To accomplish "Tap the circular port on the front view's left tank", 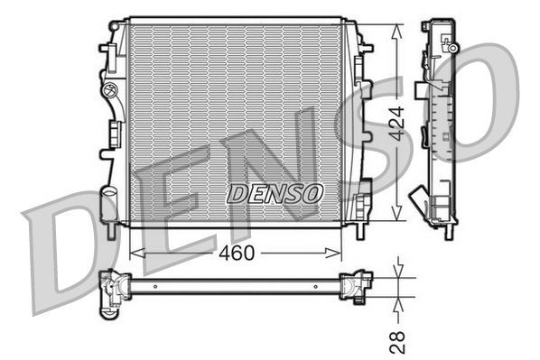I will (x=111, y=89).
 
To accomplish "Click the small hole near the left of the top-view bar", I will (x=154, y=288).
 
